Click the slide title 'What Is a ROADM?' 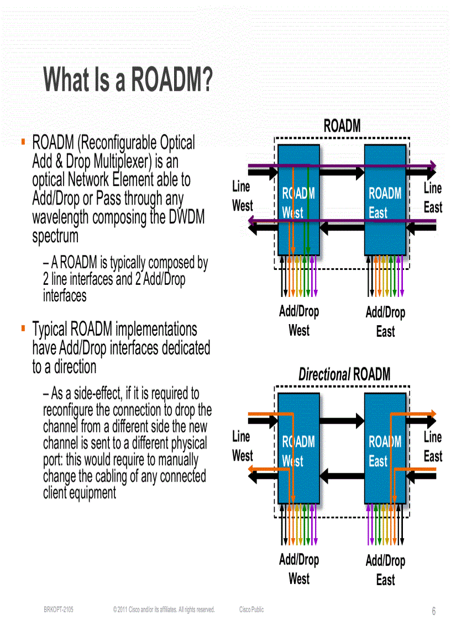coord(128,80)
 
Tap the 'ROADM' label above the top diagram coord(342,126)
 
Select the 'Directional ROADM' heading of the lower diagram coord(344,374)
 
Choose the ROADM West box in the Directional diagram coord(298,448)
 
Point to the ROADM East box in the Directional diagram coord(385,448)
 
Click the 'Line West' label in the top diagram coord(242,196)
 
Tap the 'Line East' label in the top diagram coord(433,198)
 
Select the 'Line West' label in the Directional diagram coord(242,446)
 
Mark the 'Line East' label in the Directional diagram coord(433,447)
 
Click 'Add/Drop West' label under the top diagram coord(299,321)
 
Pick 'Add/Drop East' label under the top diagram coord(385,322)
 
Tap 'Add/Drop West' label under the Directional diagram coord(299,569)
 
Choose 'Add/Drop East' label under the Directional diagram coord(385,570)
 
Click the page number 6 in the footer coord(434,611)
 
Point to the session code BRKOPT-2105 coord(58,610)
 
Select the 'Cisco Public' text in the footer coord(251,610)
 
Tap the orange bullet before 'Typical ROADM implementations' coord(23,328)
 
